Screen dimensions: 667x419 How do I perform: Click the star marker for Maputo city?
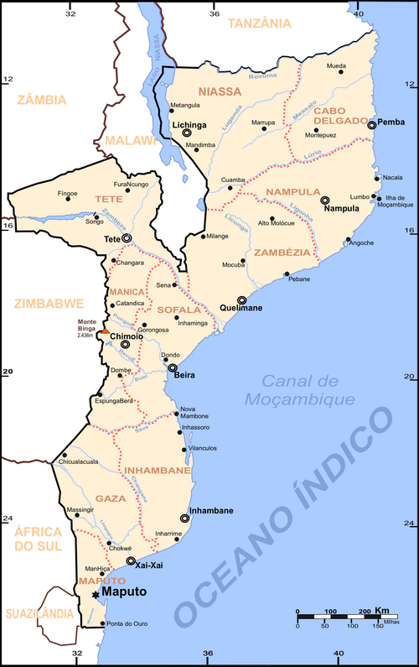pos(95,594)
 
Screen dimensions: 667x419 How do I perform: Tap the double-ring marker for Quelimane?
pos(242,300)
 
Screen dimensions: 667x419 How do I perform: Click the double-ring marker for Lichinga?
pos(187,132)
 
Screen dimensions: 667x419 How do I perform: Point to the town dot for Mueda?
pos(341,72)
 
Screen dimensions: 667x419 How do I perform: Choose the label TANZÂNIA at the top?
pos(264,23)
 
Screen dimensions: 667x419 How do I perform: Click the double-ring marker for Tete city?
pos(127,238)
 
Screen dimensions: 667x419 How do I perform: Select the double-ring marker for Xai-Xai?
pos(131,561)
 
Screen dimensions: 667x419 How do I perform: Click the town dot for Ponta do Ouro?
pos(102,623)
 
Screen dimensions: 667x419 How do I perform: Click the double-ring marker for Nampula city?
pos(324,201)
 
